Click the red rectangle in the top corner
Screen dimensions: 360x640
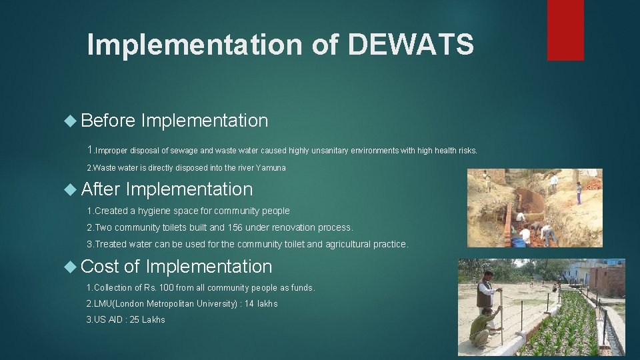click(565, 29)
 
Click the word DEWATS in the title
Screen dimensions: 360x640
click(411, 45)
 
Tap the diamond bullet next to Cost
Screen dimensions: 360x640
click(72, 267)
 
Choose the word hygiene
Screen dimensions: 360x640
click(156, 211)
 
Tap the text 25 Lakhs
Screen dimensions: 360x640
click(143, 320)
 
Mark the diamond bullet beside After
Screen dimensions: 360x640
click(72, 189)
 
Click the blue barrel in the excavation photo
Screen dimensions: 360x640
click(518, 241)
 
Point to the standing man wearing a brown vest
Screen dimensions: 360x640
click(486, 291)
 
